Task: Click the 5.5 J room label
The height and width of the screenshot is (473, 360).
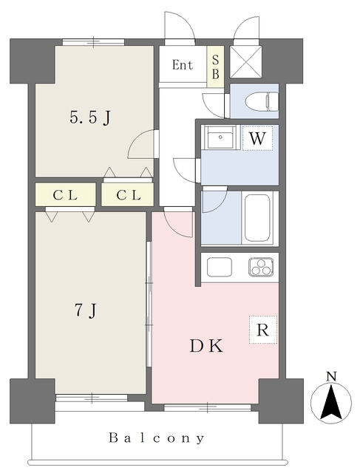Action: pyautogui.click(x=89, y=117)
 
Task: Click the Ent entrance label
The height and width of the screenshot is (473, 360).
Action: pyautogui.click(x=183, y=65)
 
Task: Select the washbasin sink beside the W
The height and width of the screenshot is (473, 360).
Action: pyautogui.click(x=220, y=137)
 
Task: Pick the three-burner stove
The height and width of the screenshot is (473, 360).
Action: pyautogui.click(x=261, y=268)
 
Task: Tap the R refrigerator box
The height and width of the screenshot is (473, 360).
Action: pyautogui.click(x=262, y=330)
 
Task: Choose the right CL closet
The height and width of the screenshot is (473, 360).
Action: pyautogui.click(x=126, y=195)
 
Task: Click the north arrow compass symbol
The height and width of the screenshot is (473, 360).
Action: pyautogui.click(x=332, y=403)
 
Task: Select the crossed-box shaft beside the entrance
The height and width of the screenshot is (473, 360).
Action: pyautogui.click(x=245, y=61)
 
